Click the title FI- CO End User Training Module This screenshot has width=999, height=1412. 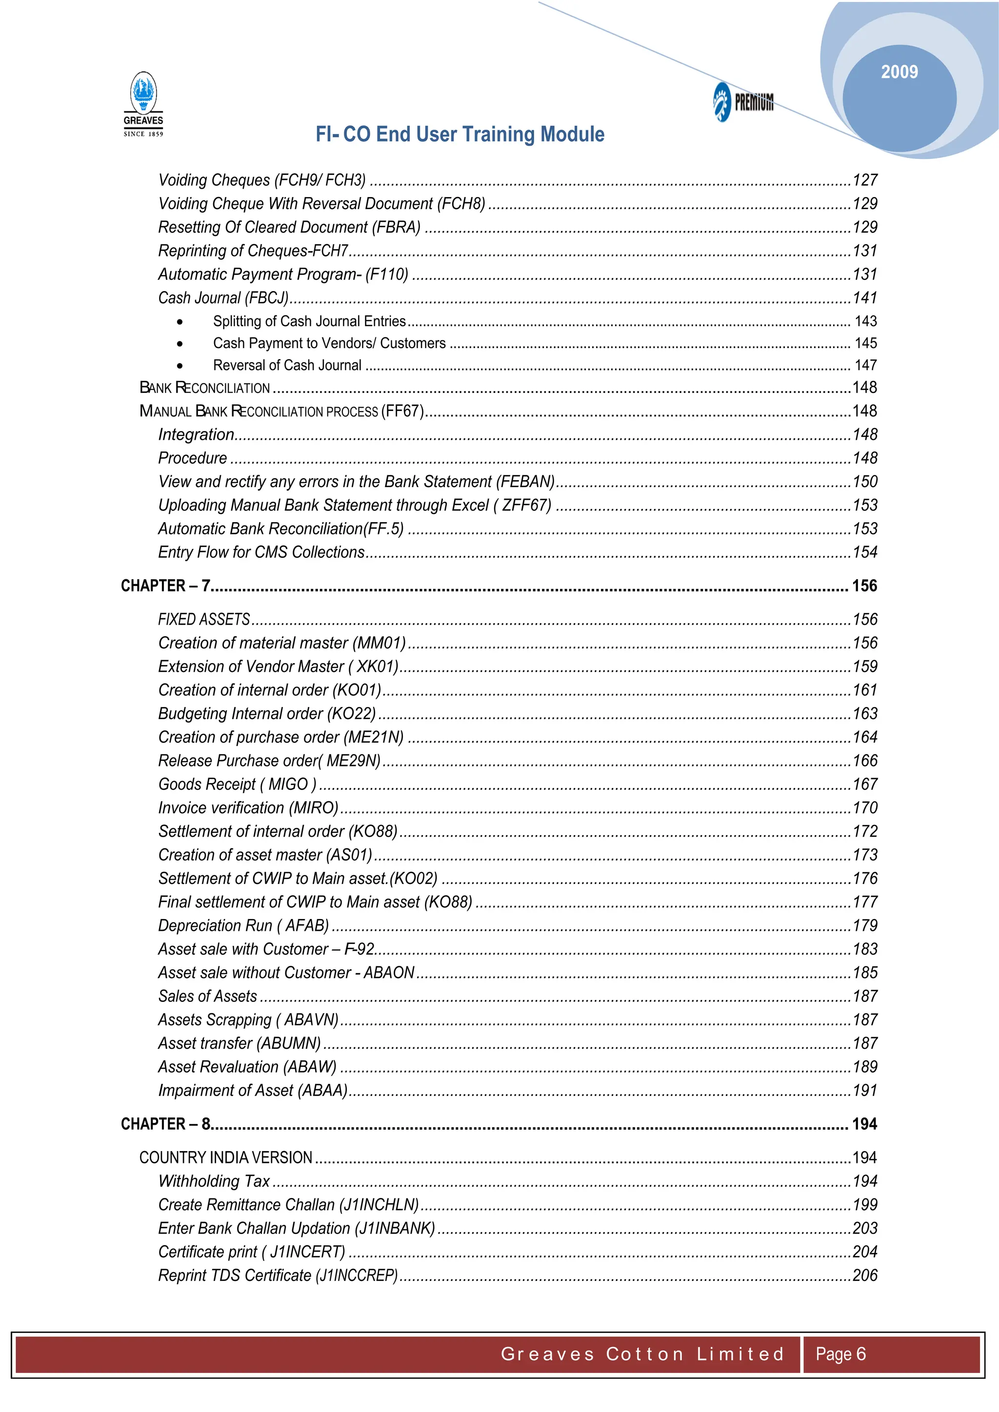[460, 134]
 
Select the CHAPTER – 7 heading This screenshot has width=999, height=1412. [165, 586]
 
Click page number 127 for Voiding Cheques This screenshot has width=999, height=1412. [864, 180]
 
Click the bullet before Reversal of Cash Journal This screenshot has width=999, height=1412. [180, 366]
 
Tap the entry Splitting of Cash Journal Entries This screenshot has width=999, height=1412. [309, 321]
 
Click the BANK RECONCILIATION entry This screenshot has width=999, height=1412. [205, 388]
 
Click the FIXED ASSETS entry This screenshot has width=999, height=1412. [203, 619]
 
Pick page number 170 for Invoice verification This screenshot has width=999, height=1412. [864, 807]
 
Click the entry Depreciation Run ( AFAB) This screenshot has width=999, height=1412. [243, 925]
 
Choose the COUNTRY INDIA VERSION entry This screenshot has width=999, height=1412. [226, 1157]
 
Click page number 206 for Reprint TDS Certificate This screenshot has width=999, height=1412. [864, 1275]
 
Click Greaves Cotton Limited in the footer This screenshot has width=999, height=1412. [642, 1353]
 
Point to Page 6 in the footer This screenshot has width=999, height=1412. [840, 1353]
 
